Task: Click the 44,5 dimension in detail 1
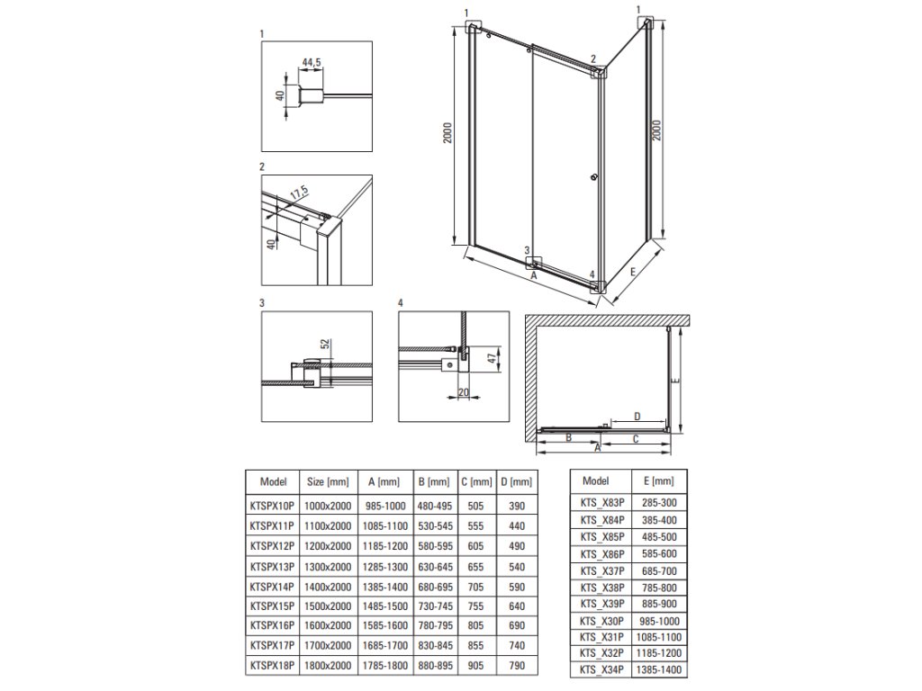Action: tap(311, 62)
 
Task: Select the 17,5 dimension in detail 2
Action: tap(299, 193)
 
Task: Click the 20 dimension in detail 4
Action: tap(464, 392)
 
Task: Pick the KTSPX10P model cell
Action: tap(272, 506)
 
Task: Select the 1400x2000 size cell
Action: tap(328, 587)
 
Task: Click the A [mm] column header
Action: tap(384, 482)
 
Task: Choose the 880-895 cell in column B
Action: tap(435, 666)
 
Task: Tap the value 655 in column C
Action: tap(475, 567)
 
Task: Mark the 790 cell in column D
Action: tap(516, 666)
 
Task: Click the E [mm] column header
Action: tap(658, 481)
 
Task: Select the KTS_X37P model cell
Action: tap(602, 571)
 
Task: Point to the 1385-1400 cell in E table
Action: tap(658, 669)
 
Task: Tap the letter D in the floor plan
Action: tap(637, 417)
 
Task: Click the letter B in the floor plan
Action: tap(569, 438)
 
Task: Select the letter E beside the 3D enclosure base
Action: tap(632, 272)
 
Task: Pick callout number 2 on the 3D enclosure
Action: tap(593, 58)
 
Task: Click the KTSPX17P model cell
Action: tap(272, 646)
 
